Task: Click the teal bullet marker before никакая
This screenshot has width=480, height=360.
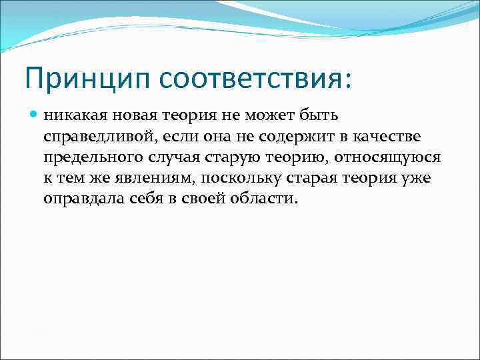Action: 35,115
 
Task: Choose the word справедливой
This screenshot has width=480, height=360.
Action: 100,137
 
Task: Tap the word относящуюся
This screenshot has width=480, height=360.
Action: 385,158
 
